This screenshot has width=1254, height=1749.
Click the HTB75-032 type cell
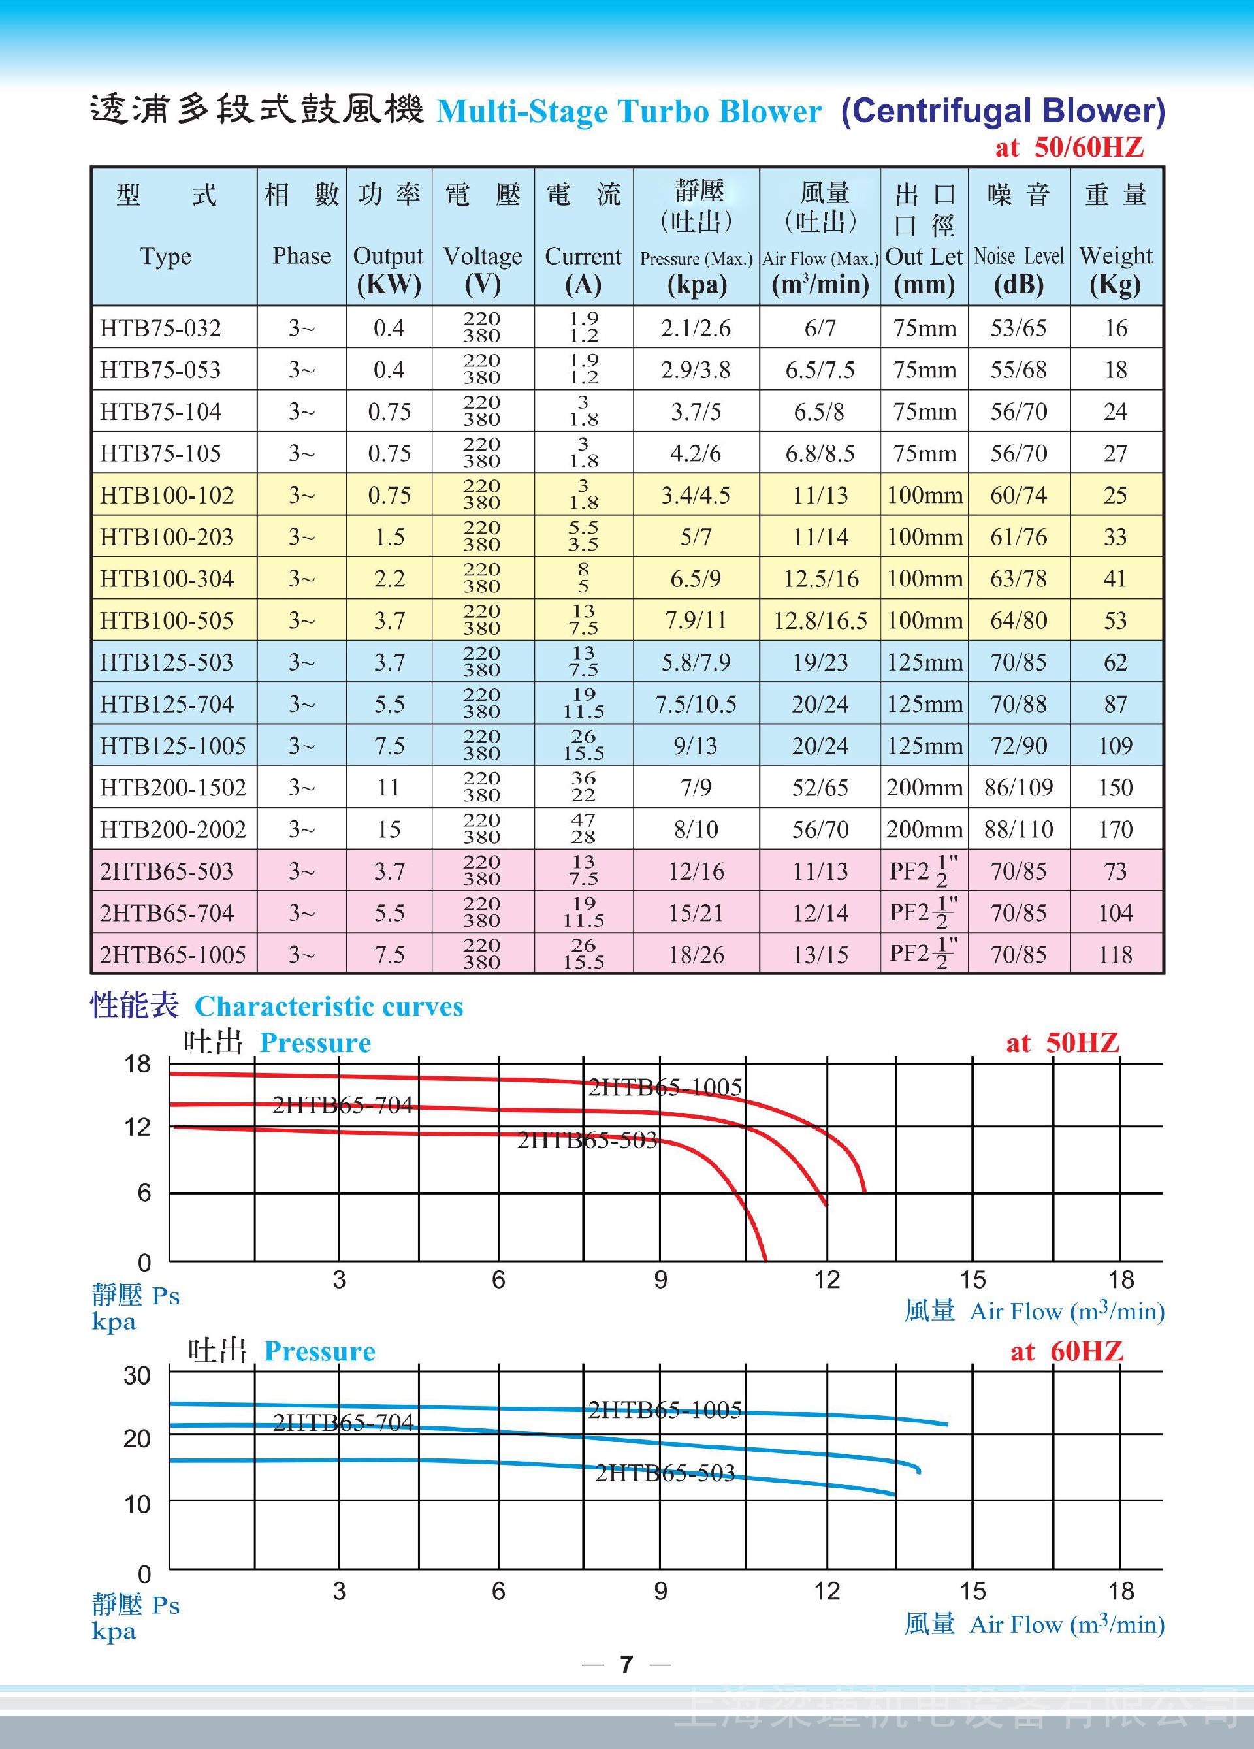click(161, 329)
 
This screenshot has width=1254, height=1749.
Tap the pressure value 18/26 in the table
click(696, 955)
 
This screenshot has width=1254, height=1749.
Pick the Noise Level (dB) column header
click(1019, 269)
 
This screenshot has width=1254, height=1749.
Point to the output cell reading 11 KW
click(389, 788)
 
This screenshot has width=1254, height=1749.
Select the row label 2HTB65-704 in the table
click(167, 913)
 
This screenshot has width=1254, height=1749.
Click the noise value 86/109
click(1018, 788)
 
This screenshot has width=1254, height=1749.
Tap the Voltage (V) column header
click(482, 269)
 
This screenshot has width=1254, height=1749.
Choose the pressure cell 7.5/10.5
click(696, 704)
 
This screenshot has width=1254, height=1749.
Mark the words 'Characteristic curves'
click(329, 1006)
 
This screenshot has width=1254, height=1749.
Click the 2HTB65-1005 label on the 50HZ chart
click(665, 1087)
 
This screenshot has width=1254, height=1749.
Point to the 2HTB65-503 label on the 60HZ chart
click(665, 1473)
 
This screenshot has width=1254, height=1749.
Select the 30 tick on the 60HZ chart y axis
click(137, 1375)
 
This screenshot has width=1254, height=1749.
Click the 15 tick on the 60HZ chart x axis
click(973, 1591)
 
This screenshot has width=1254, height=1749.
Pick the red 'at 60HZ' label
click(1067, 1351)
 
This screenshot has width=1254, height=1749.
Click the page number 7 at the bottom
click(626, 1664)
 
